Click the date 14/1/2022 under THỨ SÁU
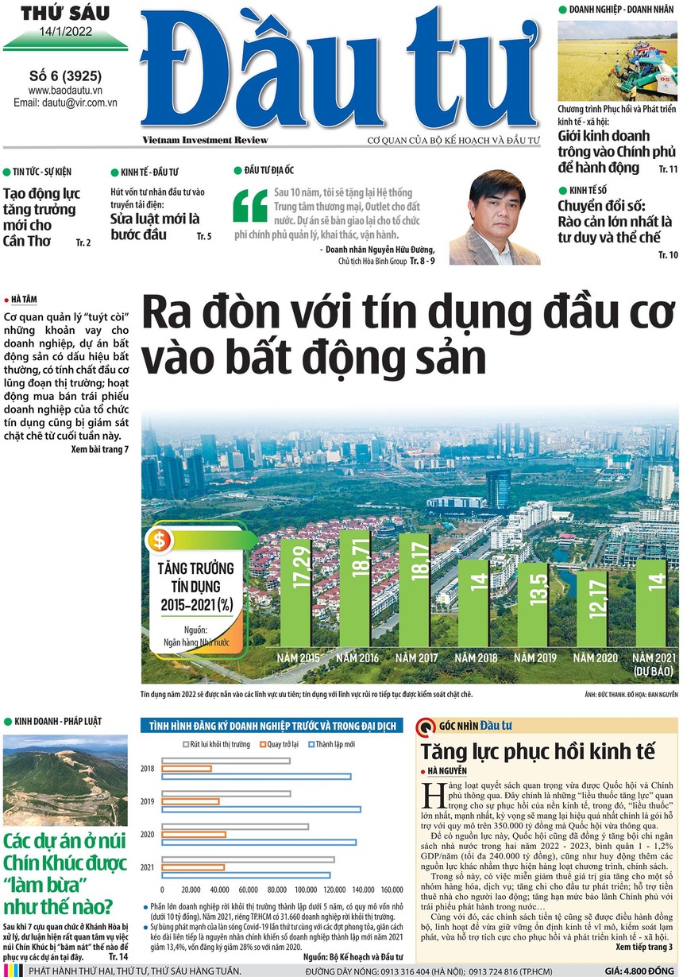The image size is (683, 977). tap(64, 33)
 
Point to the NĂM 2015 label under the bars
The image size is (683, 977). tap(298, 657)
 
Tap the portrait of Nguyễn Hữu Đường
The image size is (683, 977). tap(495, 218)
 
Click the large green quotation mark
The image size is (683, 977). tap(249, 205)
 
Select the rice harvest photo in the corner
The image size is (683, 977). tap(617, 60)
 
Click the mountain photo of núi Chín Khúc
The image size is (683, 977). tap(64, 780)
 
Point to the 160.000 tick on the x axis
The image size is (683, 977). tap(392, 890)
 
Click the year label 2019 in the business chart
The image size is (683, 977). tap(147, 801)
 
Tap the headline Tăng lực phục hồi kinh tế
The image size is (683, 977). tap(537, 751)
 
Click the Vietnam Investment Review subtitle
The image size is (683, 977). tap(205, 141)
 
